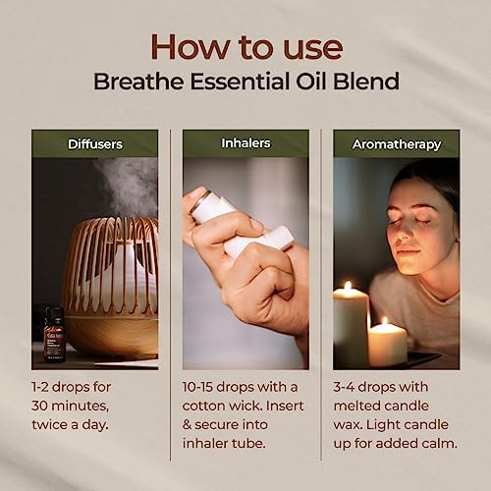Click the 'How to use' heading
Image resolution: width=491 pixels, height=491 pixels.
246,47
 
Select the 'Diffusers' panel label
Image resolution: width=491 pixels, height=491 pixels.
95,144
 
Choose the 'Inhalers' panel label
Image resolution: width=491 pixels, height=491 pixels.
245,143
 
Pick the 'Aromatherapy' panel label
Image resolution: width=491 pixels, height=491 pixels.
397,144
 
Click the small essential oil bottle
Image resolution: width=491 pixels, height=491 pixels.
54,335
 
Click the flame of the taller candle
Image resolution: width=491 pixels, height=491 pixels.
349,286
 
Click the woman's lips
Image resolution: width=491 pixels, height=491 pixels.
407,252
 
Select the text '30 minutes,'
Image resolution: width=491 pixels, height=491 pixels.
70,407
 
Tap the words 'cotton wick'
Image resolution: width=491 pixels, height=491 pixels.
222,406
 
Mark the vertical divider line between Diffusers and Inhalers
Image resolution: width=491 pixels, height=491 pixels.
171,295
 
